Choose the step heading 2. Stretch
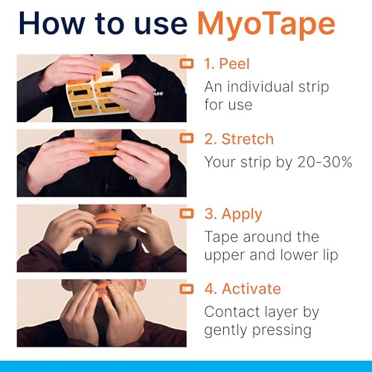(239, 139)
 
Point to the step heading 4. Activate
(243, 288)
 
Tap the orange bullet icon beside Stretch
(187, 139)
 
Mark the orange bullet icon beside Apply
(187, 214)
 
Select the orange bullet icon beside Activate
(187, 288)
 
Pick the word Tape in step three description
(221, 237)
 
